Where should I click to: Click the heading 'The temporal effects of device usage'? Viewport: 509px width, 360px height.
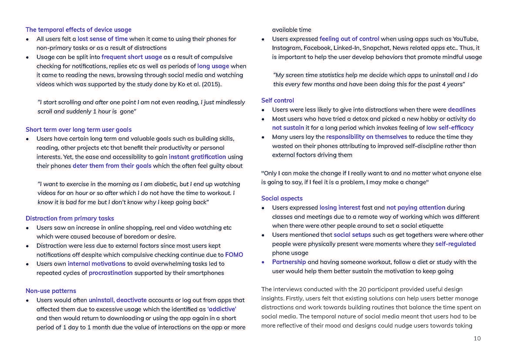(x=78, y=30)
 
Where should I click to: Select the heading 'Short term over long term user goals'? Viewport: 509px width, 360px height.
(x=78, y=130)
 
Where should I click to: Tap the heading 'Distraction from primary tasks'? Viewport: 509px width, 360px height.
(x=70, y=219)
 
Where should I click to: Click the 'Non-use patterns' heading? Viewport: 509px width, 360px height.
(x=51, y=291)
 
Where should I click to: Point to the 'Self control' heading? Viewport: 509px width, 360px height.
(x=278, y=100)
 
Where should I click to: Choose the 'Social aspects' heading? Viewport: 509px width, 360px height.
(x=282, y=198)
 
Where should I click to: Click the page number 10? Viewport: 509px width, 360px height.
(x=477, y=338)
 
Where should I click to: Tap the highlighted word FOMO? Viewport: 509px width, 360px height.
(x=234, y=255)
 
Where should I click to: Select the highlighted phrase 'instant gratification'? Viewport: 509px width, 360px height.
(x=197, y=157)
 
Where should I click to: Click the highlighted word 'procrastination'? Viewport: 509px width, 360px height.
(x=111, y=273)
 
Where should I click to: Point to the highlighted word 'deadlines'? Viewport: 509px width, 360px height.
(x=461, y=110)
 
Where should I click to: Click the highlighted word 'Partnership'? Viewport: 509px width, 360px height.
(x=289, y=262)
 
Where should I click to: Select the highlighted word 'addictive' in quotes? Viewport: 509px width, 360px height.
(x=222, y=309)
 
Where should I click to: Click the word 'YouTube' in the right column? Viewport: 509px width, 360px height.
(x=465, y=39)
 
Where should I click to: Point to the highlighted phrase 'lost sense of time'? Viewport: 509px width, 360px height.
(x=102, y=39)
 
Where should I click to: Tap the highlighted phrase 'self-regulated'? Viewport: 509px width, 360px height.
(x=455, y=244)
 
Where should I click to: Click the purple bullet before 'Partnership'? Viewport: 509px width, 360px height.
(x=263, y=262)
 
